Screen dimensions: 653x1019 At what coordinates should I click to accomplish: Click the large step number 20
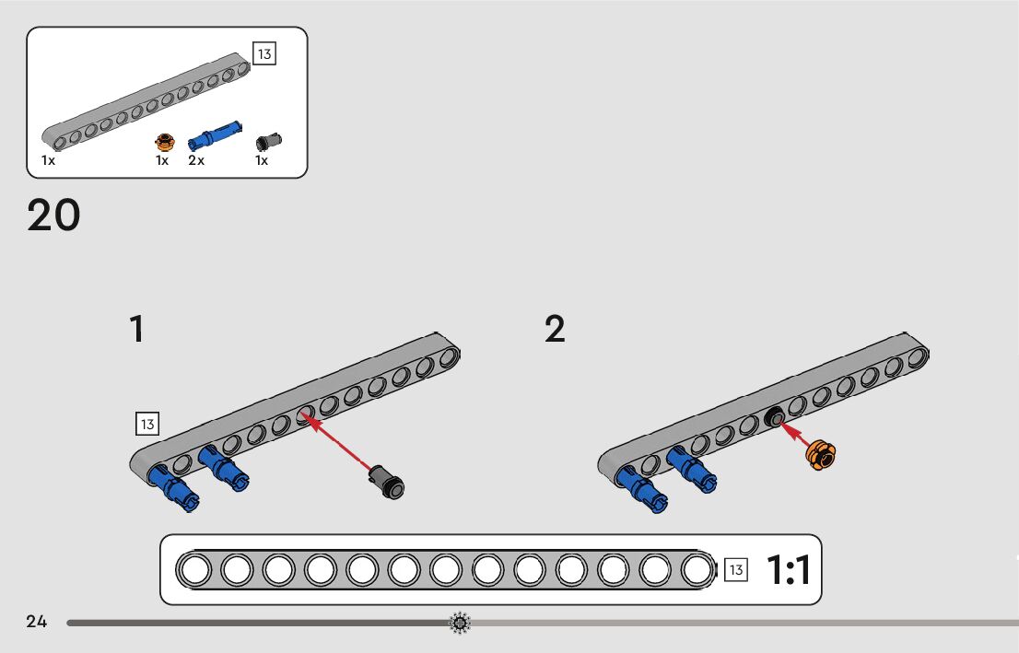click(53, 216)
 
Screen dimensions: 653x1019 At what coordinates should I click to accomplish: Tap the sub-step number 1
click(137, 330)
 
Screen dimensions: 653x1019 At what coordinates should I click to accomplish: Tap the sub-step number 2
click(555, 330)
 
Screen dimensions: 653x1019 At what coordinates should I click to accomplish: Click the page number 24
click(37, 622)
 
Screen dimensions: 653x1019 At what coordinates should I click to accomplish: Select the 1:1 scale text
click(788, 571)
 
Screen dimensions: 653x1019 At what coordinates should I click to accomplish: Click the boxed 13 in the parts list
click(264, 53)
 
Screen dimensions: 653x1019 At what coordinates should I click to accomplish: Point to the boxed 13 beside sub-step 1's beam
click(146, 424)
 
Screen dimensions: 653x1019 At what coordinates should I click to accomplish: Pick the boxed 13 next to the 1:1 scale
click(735, 570)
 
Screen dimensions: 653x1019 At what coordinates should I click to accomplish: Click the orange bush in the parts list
click(165, 142)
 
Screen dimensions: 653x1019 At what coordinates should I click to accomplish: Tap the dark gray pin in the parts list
click(269, 140)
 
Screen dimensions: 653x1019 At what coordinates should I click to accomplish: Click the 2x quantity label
click(196, 160)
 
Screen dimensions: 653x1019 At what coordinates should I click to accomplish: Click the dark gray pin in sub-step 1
click(385, 481)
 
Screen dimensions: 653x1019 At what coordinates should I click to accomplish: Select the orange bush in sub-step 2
click(820, 455)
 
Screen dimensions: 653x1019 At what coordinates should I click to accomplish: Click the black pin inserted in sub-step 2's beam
click(773, 418)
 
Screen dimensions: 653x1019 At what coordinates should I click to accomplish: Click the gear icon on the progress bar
click(459, 624)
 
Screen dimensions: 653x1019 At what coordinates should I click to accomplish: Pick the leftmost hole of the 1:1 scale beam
click(194, 570)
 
